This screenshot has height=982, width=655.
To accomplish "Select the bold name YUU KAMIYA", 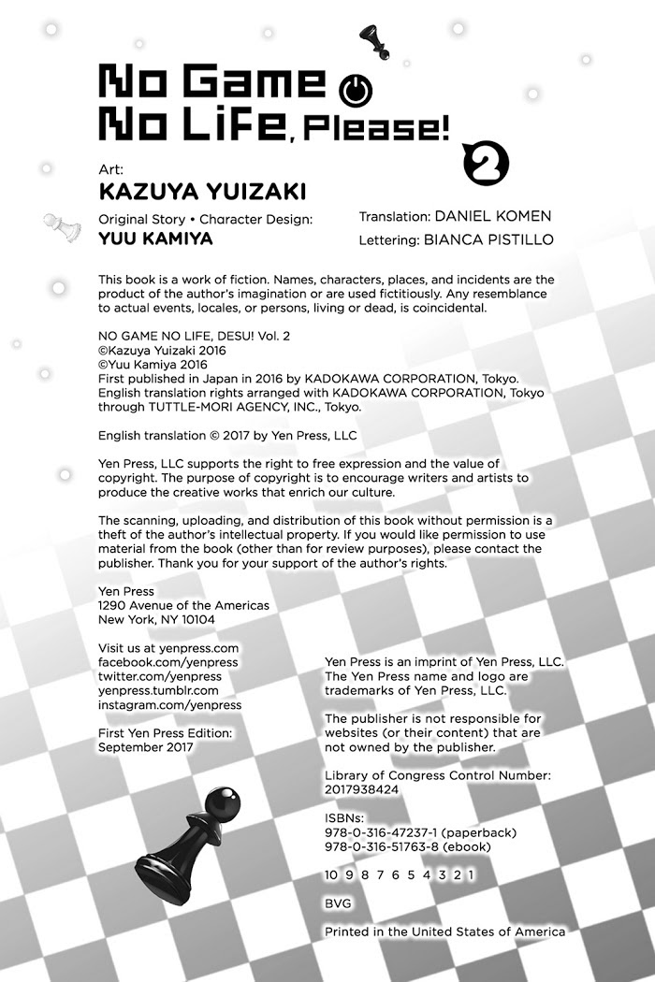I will (154, 238).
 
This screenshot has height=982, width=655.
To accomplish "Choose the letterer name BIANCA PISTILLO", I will (488, 239).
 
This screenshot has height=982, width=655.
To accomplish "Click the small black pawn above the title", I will (372, 39).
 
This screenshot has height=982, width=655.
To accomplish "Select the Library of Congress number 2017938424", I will (361, 788).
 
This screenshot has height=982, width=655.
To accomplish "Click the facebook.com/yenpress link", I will (168, 662).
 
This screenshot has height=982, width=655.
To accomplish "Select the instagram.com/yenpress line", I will (169, 704).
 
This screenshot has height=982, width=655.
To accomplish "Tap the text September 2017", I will (146, 747).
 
